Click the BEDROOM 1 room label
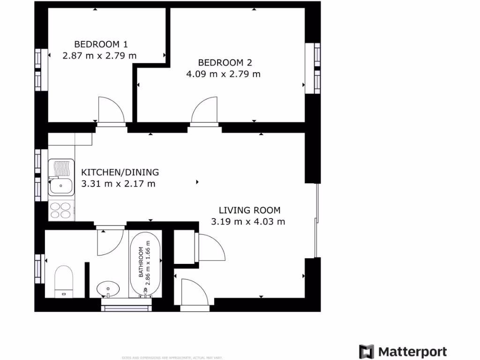pyautogui.click(x=101, y=45)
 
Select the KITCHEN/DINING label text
pyautogui.click(x=120, y=172)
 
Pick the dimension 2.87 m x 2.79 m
pyautogui.click(x=99, y=56)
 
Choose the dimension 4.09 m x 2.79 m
pyautogui.click(x=223, y=74)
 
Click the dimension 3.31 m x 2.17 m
pyautogui.click(x=118, y=184)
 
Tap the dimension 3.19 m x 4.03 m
pyautogui.click(x=248, y=222)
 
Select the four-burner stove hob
pyautogui.click(x=61, y=210)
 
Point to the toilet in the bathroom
pyautogui.click(x=64, y=280)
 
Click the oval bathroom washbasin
pyautogui.click(x=108, y=287)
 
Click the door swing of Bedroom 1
pyautogui.click(x=111, y=111)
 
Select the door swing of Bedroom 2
pyautogui.click(x=205, y=111)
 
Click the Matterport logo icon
pyautogui.click(x=367, y=352)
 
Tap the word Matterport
pyautogui.click(x=412, y=352)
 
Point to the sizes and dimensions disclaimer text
pyautogui.click(x=172, y=358)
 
